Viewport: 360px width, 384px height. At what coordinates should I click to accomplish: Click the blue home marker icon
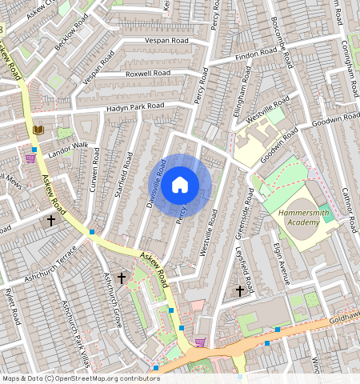coord(180,186)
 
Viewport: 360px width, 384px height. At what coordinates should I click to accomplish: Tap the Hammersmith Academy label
coord(303,218)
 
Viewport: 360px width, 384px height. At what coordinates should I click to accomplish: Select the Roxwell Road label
coord(148,73)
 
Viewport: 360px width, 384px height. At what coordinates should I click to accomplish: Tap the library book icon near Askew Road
coord(38,130)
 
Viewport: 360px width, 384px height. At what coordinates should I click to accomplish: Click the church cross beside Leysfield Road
coord(239,291)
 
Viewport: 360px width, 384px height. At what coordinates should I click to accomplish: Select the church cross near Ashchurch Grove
coord(122,278)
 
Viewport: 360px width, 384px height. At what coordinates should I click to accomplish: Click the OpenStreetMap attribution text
coord(80,378)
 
